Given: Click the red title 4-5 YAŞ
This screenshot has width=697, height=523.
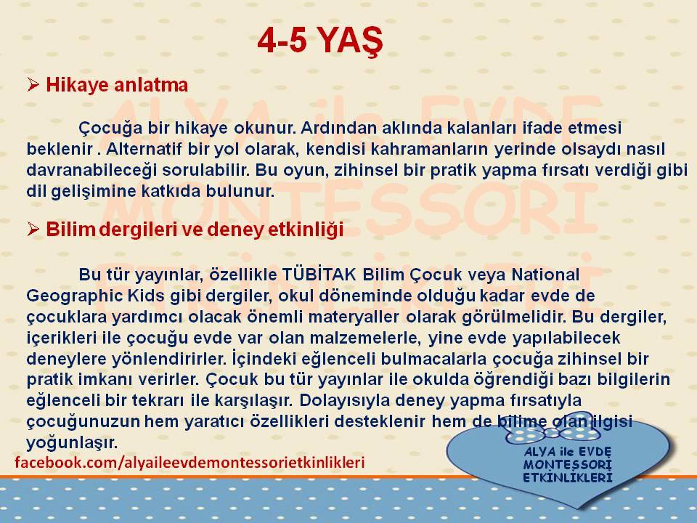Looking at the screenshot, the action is pyautogui.click(x=319, y=41).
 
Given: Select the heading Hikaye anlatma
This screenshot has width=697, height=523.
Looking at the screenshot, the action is pyautogui.click(x=117, y=84).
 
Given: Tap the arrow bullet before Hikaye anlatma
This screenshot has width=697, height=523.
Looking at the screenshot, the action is pyautogui.click(x=33, y=84).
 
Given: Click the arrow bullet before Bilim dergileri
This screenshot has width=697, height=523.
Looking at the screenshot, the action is pyautogui.click(x=33, y=229).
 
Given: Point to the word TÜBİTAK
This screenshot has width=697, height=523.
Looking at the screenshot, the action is pyautogui.click(x=319, y=274).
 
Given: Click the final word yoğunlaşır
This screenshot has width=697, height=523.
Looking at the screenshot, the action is pyautogui.click(x=72, y=443).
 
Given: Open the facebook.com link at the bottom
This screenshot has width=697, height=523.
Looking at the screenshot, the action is pyautogui.click(x=189, y=462).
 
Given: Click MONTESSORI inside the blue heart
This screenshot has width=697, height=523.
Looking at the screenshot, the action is pyautogui.click(x=567, y=465).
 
